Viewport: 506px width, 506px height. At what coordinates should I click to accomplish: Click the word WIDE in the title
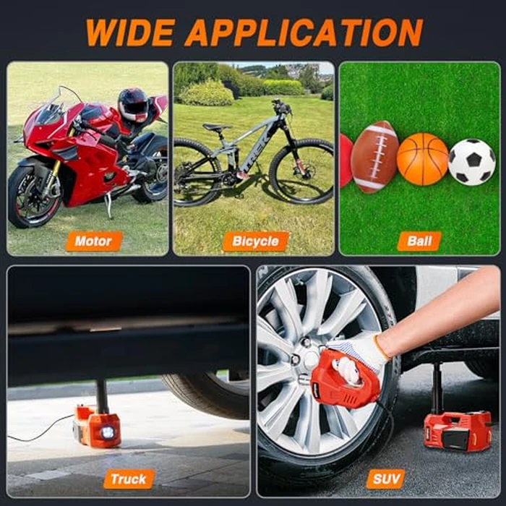point(131,33)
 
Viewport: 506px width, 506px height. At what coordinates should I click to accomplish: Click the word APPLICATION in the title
point(304,33)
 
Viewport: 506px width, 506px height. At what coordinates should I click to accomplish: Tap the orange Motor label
point(93,241)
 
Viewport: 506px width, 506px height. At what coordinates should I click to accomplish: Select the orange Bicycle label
point(255,241)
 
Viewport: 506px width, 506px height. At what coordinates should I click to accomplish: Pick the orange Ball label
point(419,241)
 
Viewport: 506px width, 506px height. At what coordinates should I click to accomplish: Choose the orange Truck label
point(129,479)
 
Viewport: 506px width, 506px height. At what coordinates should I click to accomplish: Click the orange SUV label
point(386,479)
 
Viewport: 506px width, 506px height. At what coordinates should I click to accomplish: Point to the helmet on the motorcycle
point(133,105)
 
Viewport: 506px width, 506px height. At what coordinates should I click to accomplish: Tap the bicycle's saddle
point(217,127)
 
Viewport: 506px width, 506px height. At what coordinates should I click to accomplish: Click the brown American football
point(374,157)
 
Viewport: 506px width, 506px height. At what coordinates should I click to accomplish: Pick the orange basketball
point(422,159)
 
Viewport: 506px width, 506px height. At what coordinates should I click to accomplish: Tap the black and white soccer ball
point(472,163)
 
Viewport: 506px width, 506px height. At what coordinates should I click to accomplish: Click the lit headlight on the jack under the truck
point(108,432)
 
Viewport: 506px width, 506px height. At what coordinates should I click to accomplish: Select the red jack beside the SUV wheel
point(458,429)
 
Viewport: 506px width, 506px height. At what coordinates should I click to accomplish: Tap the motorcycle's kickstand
point(109,205)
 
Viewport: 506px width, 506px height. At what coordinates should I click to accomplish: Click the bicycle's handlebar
point(281,107)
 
